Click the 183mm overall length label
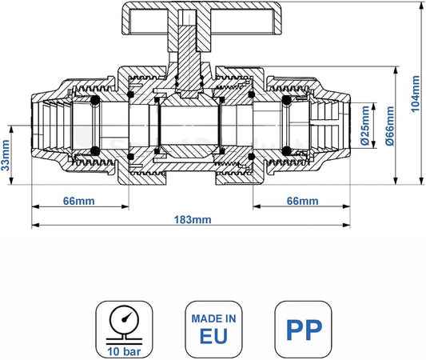coord(193,219)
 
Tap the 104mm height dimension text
coord(415,94)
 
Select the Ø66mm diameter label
coord(390,126)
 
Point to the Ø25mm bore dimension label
coord(365,126)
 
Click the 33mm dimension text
coord(6,155)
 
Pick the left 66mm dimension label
coord(79,202)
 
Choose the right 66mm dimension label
coord(302,202)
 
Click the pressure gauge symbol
coord(124,323)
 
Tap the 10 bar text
coord(124,351)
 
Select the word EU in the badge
coord(213,336)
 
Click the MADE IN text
coord(214,318)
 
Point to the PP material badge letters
coord(304,330)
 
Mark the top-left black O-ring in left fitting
coord(95,100)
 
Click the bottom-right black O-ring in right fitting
coord(287,151)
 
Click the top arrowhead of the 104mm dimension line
coord(421,5)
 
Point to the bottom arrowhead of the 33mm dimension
coord(11,181)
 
